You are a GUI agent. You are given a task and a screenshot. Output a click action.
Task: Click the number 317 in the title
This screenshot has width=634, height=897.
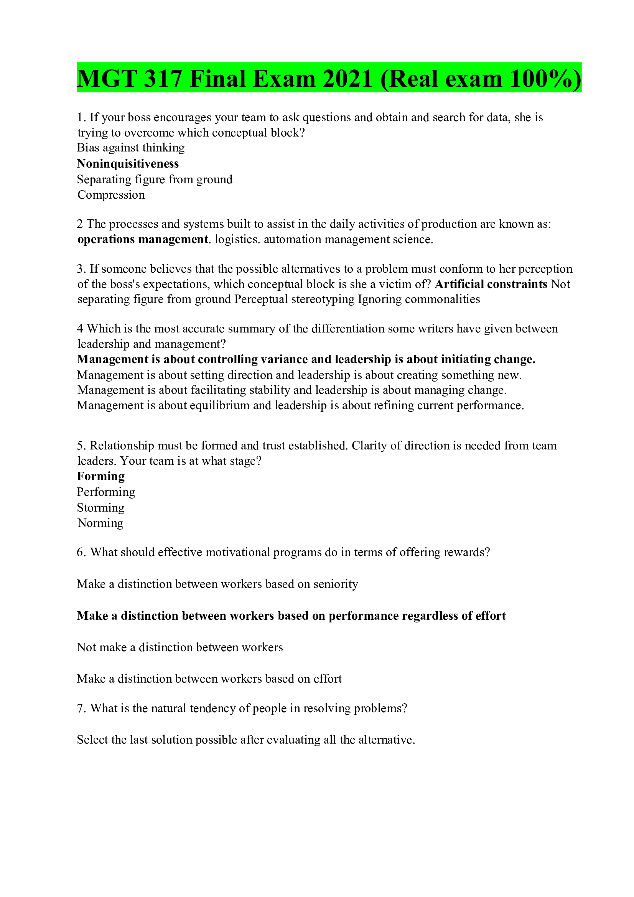coord(163,79)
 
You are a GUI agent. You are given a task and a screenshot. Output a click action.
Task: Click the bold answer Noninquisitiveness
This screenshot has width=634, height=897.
coord(128,163)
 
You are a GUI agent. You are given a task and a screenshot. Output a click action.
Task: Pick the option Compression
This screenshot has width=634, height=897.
coord(111,194)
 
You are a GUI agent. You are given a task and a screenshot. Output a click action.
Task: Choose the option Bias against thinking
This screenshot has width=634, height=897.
coord(130,148)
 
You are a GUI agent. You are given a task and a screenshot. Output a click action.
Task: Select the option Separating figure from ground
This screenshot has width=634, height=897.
coord(154,179)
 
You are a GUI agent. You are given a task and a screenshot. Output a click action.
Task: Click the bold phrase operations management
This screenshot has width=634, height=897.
coord(143,239)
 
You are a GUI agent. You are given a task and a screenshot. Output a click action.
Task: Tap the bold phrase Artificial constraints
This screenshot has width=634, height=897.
coord(491,284)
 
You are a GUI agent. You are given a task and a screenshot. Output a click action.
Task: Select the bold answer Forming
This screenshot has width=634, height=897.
coord(101,476)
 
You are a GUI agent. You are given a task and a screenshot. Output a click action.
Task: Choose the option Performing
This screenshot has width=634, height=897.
coord(106,492)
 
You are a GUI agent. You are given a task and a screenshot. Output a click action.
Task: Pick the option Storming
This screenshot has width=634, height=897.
coord(100,507)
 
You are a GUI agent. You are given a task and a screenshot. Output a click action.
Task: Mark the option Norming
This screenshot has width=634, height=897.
coord(100,523)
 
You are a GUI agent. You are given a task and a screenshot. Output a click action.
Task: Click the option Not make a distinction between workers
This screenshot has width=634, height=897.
coord(180,647)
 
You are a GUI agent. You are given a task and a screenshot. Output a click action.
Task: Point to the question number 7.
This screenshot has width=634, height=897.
coord(81,708)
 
